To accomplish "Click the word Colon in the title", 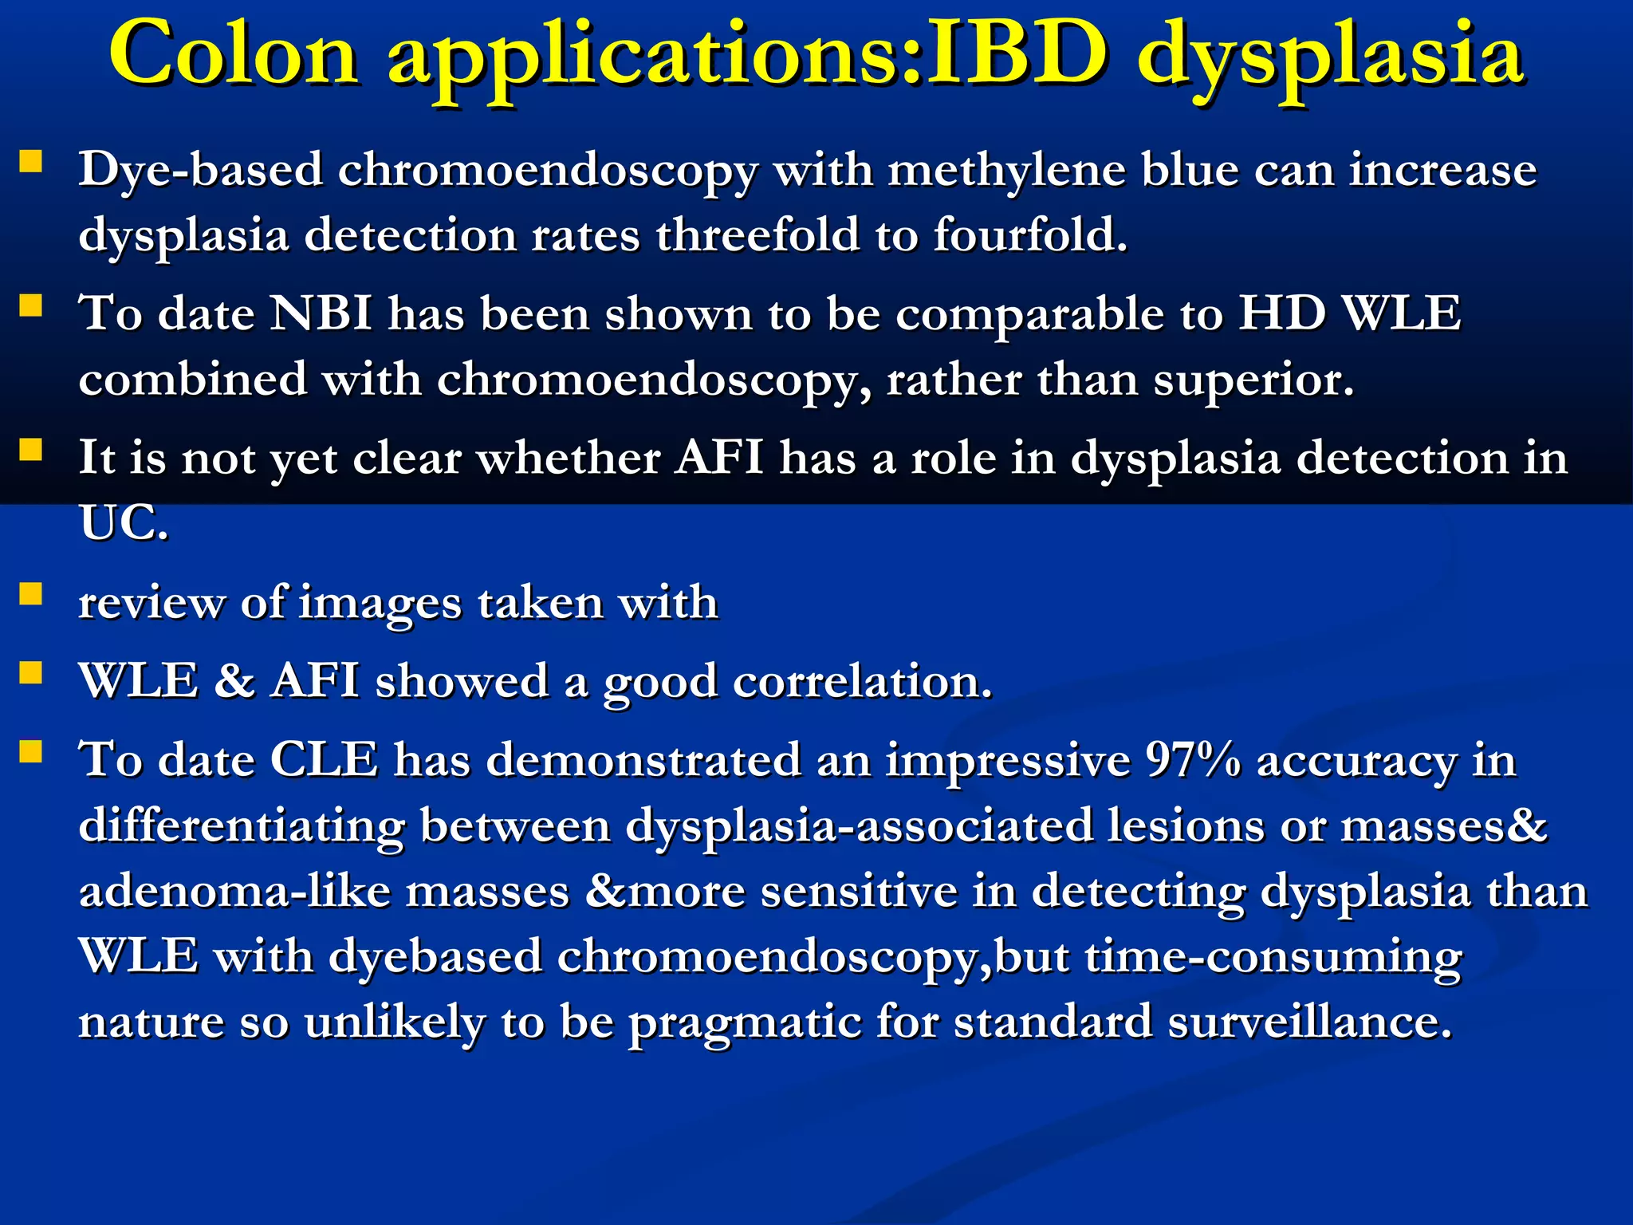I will point(234,54).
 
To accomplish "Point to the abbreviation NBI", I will point(321,313).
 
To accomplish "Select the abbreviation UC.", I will point(123,524).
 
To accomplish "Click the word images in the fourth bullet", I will point(380,603).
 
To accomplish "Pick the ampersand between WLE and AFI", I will point(234,682).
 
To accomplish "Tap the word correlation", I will point(862,683).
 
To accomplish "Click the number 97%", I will point(1193,760).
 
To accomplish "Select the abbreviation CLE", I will point(324,760).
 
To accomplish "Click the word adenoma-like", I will point(234,892).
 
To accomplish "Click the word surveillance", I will point(1309,1022).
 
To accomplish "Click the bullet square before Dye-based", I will point(30,163).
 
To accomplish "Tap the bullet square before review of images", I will point(30,595).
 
